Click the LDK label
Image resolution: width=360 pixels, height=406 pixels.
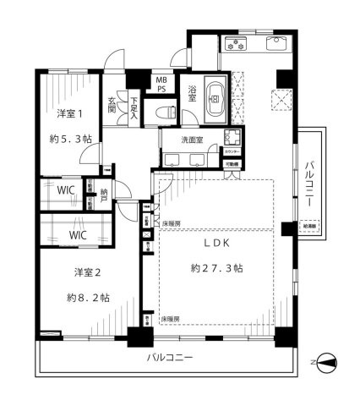pos(212,244)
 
